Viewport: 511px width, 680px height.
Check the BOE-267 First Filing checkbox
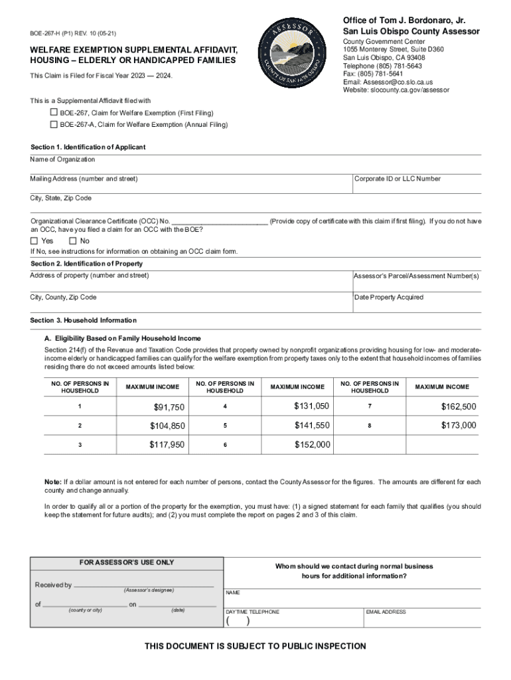54,113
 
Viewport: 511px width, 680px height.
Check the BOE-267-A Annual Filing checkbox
54,124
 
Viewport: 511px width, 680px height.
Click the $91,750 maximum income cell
169,407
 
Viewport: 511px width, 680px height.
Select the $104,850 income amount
167,426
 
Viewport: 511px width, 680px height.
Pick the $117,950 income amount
167,445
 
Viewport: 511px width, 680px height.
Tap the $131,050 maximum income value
312,406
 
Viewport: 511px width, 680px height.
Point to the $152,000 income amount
312,445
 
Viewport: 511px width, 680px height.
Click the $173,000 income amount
459,425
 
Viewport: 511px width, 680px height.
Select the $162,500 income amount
459,406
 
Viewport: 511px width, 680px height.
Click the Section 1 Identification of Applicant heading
88,147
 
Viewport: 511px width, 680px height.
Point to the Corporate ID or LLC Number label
397,179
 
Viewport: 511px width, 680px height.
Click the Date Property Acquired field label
388,297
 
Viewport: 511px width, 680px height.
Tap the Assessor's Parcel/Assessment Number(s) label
416,276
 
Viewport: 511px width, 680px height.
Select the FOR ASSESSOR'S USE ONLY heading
127,562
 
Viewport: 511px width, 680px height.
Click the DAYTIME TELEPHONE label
252,612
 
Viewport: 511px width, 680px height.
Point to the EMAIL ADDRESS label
386,612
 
